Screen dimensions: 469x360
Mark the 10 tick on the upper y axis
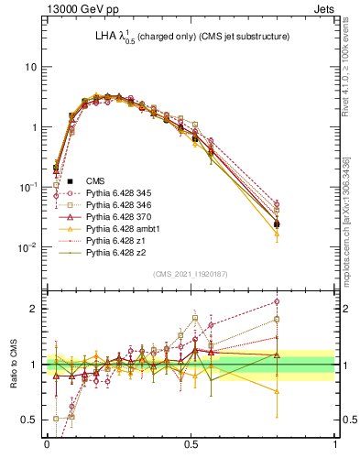29,67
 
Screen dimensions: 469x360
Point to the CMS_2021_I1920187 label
191,274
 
